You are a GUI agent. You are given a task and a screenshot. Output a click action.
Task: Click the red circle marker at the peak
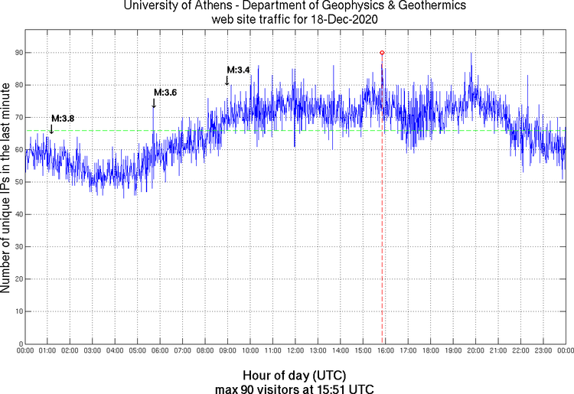coord(382,52)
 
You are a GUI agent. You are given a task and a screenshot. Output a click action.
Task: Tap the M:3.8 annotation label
coord(63,119)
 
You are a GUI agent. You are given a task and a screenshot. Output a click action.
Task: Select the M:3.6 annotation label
coord(165,93)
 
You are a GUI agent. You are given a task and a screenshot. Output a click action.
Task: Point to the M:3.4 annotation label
coord(239,70)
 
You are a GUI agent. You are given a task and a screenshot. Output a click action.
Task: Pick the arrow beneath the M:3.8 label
coord(51,129)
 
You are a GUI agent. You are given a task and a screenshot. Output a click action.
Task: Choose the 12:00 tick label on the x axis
coord(295,351)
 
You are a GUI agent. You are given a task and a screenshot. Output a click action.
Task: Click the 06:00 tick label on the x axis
coord(160,351)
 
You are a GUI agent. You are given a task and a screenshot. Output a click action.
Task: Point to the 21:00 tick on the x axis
coord(497,351)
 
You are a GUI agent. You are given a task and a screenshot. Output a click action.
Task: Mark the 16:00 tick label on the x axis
coord(385,351)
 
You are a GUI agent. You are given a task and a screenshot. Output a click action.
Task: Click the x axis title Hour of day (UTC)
coord(294,376)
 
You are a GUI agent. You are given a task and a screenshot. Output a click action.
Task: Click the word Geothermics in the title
coord(409,6)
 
